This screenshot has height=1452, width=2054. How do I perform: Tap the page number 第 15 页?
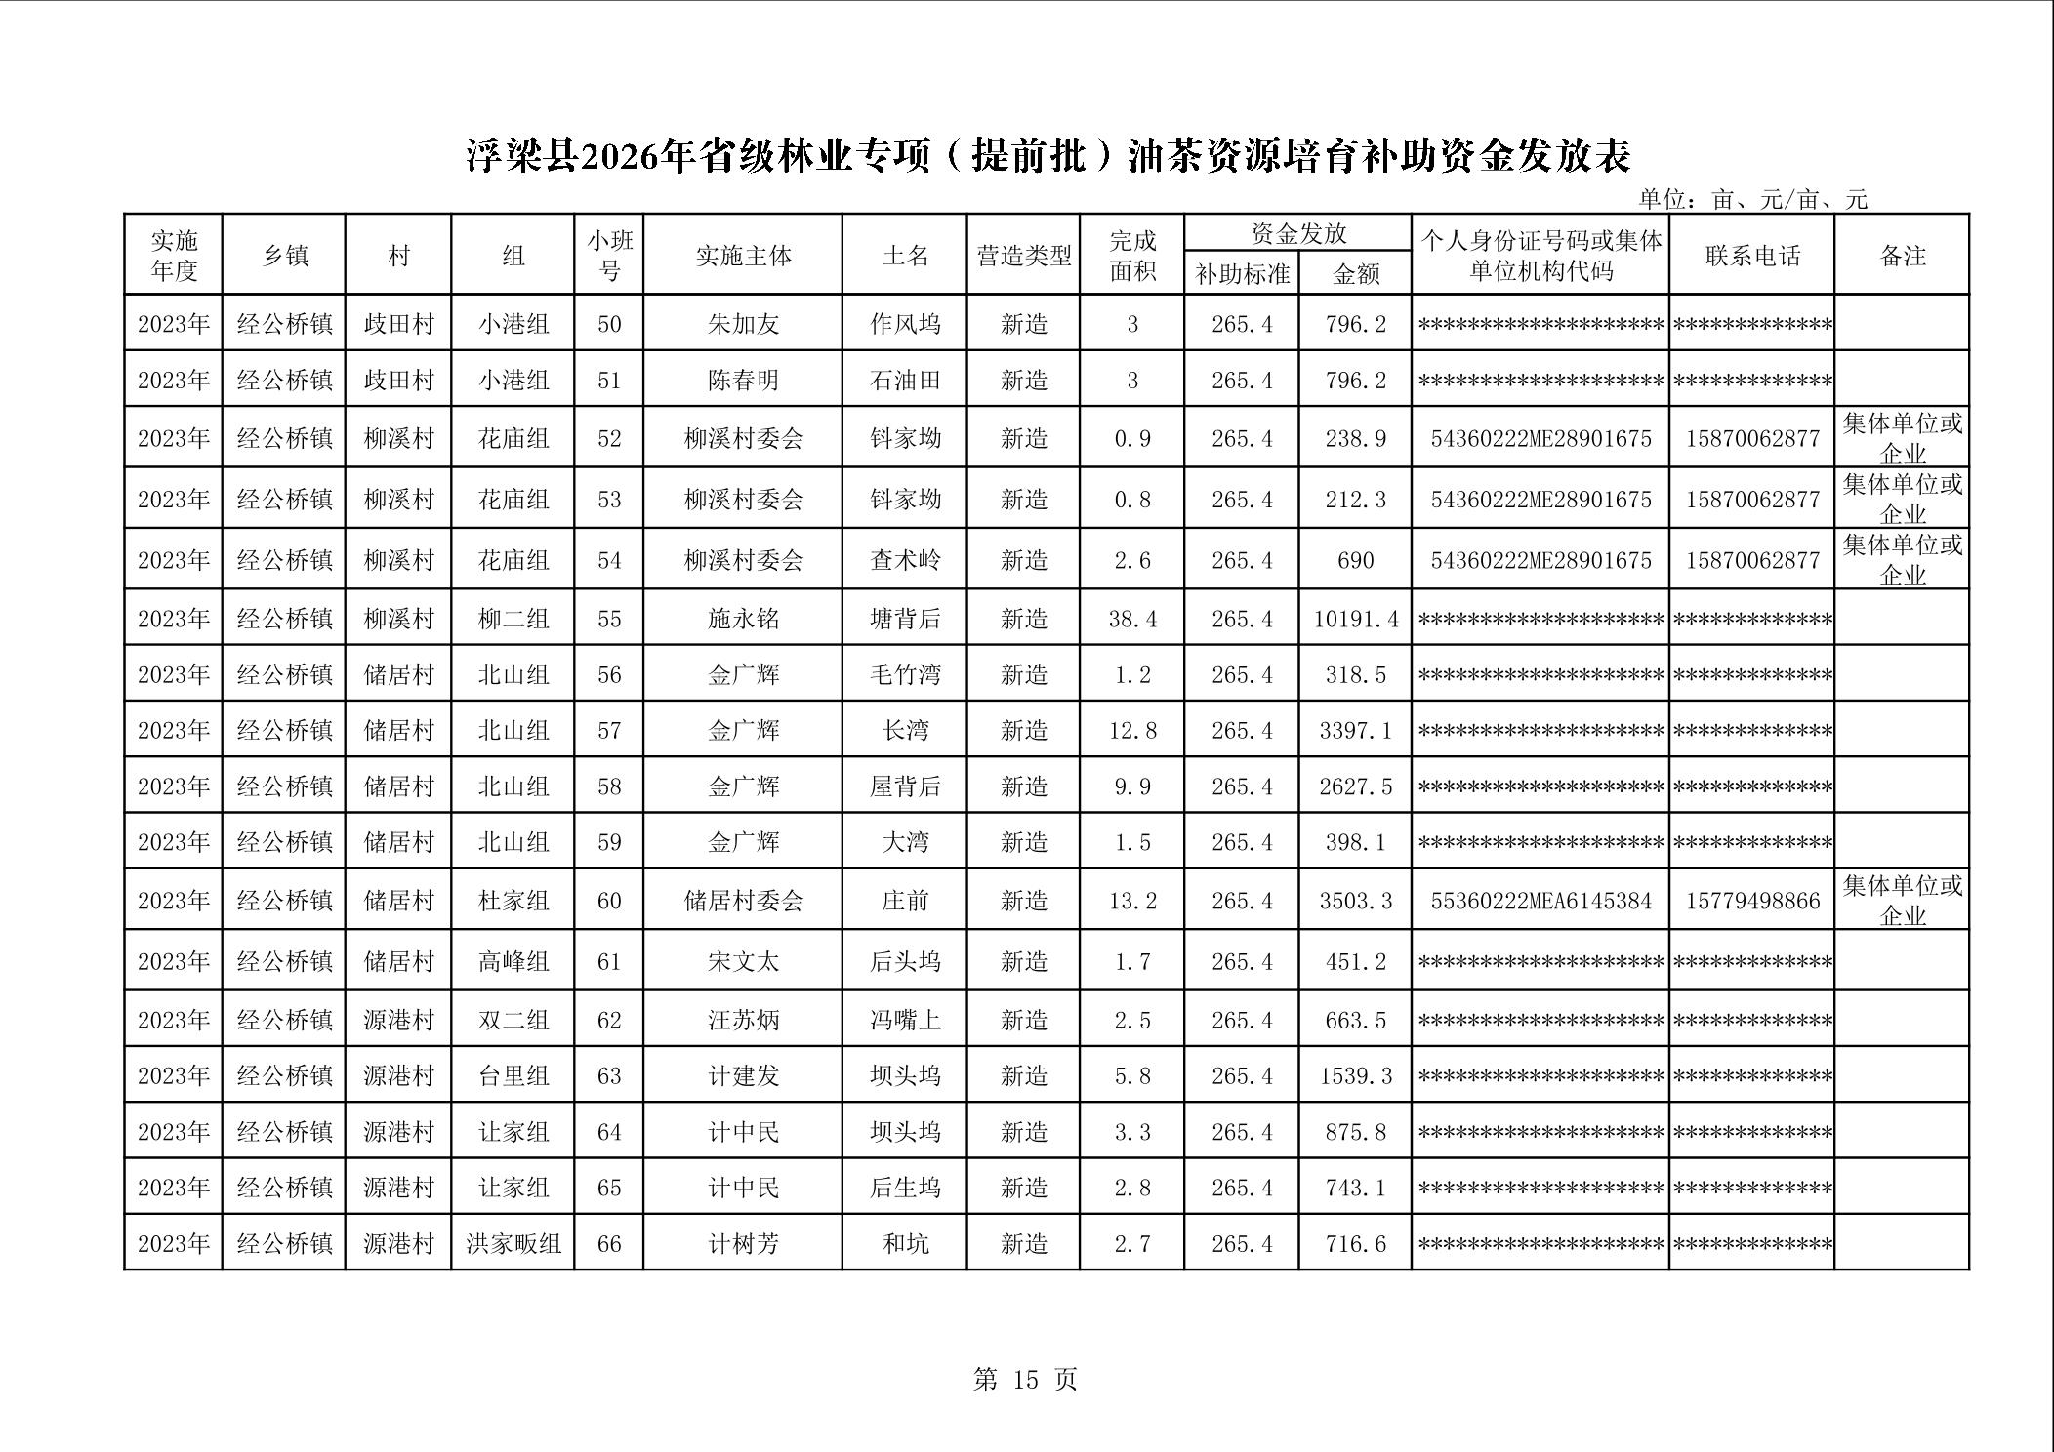pos(1025,1379)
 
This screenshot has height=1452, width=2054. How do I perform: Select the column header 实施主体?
pos(743,256)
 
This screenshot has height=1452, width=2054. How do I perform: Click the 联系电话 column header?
pos(1752,256)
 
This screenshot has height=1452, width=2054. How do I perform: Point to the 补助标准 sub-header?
pos(1242,274)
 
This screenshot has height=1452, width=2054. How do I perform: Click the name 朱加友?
pos(743,324)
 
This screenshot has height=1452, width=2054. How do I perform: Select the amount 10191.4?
pos(1356,619)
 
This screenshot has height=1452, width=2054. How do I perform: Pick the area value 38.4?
pos(1132,619)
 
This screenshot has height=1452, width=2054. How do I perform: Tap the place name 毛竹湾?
pos(905,674)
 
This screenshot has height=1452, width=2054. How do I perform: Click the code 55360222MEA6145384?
pos(1540,900)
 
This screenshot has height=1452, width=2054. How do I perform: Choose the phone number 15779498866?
pos(1752,900)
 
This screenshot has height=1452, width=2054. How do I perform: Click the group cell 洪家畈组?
pos(513,1244)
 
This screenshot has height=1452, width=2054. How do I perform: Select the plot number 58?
pos(609,786)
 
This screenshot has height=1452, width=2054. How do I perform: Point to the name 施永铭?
pos(743,619)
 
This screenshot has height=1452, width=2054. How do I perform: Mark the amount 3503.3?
pos(1356,900)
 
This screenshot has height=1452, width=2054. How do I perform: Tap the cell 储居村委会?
pos(743,900)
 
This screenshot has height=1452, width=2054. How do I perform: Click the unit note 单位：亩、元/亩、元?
pos(1752,200)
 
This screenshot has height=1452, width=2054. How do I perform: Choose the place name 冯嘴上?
pos(905,1020)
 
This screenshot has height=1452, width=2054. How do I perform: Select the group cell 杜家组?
pos(513,900)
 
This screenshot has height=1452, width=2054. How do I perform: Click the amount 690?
pos(1356,560)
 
